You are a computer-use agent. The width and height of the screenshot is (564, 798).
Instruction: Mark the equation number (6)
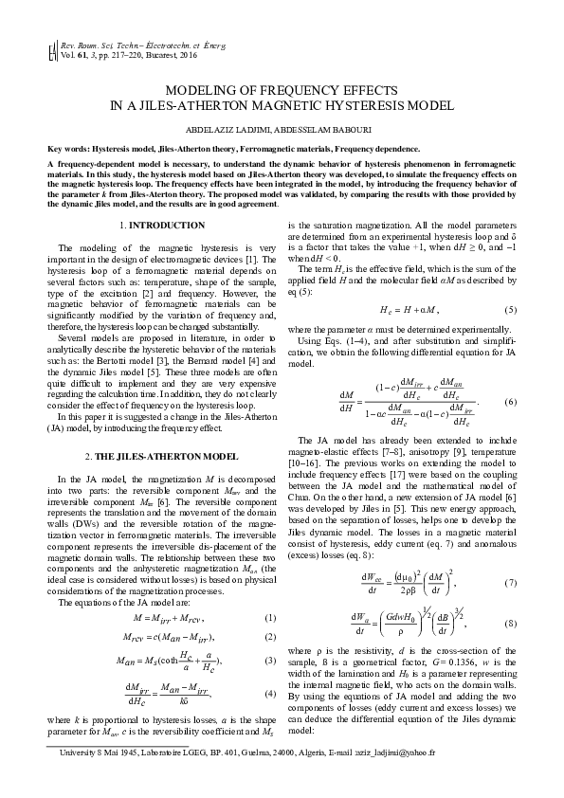[510, 403]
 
